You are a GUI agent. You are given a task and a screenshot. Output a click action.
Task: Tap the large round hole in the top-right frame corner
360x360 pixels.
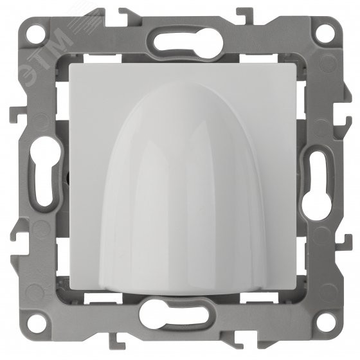click(323, 32)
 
